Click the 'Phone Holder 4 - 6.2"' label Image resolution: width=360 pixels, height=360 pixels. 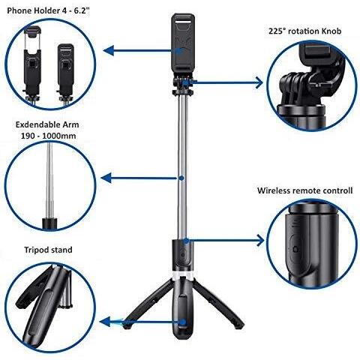click(48, 10)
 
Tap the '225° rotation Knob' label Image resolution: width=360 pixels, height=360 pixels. click(305, 31)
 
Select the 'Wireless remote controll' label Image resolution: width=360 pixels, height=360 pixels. click(305, 190)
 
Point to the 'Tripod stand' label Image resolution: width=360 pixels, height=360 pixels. click(48, 250)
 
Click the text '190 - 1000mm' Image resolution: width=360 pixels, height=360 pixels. click(48, 136)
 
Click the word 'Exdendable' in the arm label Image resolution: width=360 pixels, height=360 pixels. click(37, 124)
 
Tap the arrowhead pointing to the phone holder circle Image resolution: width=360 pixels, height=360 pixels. click(109, 51)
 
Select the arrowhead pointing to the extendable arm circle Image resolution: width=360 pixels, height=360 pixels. click(106, 178)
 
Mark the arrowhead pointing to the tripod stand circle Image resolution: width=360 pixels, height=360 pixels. click(105, 322)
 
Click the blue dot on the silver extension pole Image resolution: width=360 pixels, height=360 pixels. click(181, 178)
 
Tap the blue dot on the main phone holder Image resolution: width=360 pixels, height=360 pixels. click(179, 51)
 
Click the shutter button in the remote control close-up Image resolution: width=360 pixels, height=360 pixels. click(296, 249)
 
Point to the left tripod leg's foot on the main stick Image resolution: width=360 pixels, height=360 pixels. click(127, 325)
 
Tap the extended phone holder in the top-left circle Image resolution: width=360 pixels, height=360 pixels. click(32, 63)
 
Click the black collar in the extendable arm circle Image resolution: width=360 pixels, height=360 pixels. click(49, 223)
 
